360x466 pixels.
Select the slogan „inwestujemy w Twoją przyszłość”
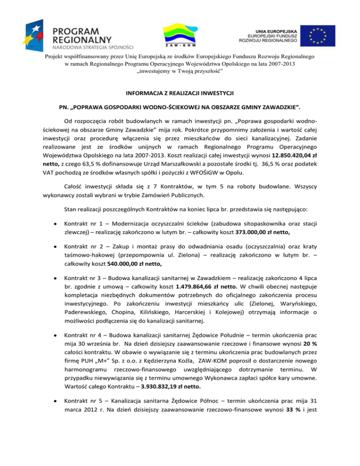coord(180,70)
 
